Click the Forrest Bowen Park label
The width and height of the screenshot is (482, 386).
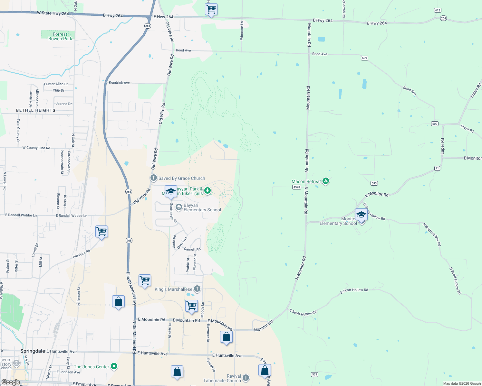60,36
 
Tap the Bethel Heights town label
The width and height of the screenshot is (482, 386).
36,110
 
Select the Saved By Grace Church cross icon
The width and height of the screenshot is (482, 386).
154,178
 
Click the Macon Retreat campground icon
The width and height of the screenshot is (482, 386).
326,181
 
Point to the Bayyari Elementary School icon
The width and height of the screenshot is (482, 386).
179,207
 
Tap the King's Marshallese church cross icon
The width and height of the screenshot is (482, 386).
197,289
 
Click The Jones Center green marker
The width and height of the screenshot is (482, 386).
114,366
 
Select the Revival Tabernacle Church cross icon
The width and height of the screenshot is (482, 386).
246,378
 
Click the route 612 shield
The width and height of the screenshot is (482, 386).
438,10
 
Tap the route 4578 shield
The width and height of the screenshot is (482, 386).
296,187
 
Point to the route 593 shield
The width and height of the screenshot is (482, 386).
374,183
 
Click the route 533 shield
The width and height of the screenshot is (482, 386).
315,374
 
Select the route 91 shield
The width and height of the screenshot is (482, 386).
437,168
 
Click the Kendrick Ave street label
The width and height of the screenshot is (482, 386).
119,83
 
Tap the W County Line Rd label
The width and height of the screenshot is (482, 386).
36,148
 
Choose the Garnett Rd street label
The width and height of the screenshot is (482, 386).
192,249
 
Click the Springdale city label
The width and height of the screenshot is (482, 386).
33,351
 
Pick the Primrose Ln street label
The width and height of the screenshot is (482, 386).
242,31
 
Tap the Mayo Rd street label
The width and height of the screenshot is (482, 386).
467,129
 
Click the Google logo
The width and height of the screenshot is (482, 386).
11,382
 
